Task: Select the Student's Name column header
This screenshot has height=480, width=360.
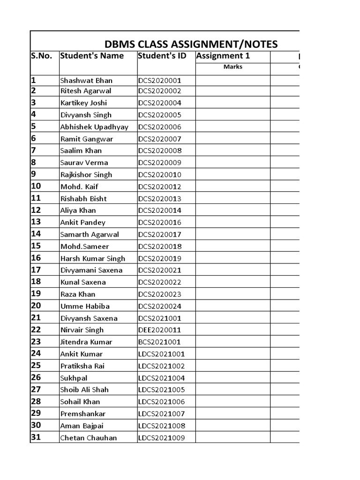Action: (x=92, y=56)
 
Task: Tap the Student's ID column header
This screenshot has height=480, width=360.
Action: (x=162, y=56)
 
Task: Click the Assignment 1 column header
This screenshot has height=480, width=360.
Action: (x=223, y=56)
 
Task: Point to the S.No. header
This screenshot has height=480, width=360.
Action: (x=41, y=56)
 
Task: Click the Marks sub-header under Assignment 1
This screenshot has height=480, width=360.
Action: (x=232, y=67)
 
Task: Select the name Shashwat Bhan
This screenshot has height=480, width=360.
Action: (x=86, y=80)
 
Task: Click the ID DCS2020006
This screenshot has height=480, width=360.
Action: (x=159, y=127)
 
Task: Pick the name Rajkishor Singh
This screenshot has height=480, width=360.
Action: (x=86, y=175)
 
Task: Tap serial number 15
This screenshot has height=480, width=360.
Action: (x=36, y=246)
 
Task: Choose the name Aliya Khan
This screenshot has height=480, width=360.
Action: (x=77, y=210)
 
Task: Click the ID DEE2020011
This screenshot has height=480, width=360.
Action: (x=159, y=330)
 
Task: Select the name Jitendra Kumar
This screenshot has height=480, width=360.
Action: (x=86, y=342)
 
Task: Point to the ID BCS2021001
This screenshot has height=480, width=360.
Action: (x=159, y=342)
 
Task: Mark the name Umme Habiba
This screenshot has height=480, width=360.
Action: (x=85, y=306)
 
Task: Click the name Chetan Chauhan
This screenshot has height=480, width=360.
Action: (x=89, y=438)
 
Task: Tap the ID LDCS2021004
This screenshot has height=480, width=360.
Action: (x=162, y=378)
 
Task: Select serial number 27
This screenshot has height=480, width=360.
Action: (x=36, y=389)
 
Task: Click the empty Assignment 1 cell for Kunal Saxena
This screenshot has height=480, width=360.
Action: (x=232, y=282)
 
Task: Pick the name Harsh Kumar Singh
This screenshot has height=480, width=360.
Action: (x=93, y=258)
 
